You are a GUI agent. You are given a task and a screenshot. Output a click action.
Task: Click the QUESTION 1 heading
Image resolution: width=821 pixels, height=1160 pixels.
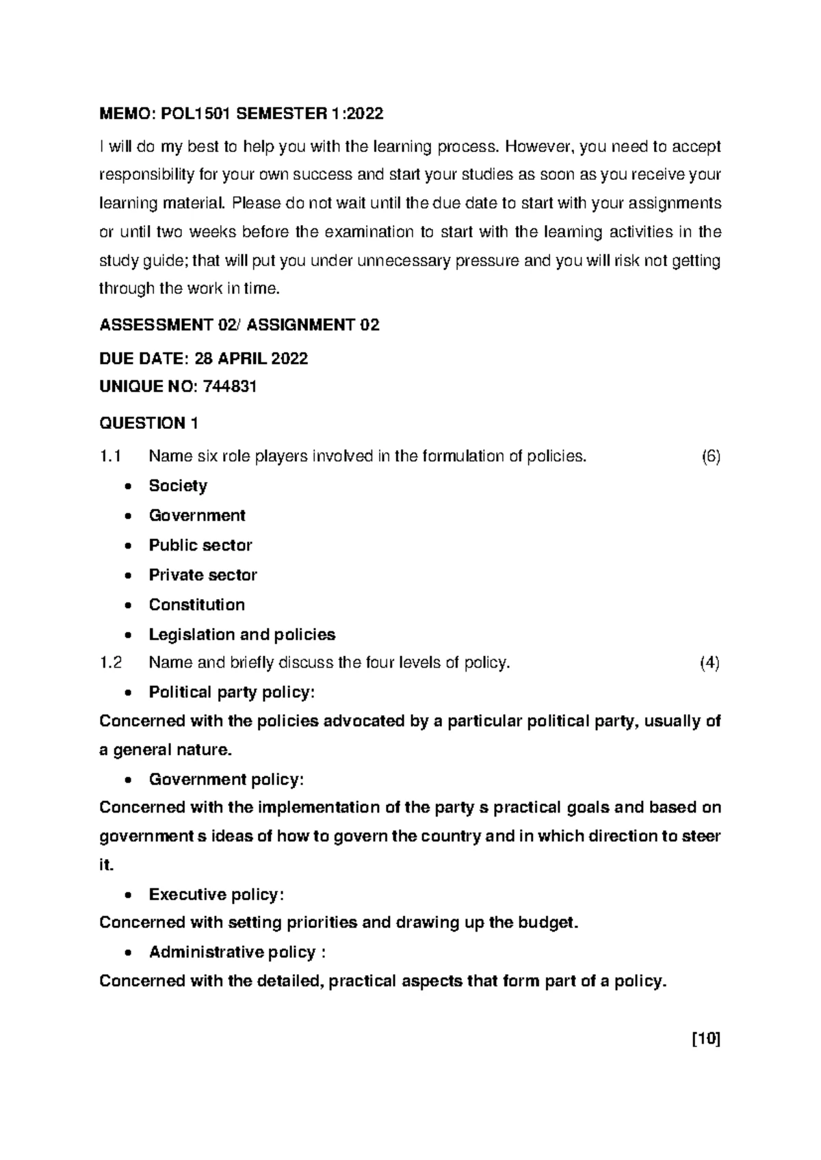148,423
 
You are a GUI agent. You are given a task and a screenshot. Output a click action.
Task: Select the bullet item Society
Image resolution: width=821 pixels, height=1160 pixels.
178,486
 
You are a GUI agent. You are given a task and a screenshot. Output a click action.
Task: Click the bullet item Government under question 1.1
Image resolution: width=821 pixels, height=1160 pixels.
197,515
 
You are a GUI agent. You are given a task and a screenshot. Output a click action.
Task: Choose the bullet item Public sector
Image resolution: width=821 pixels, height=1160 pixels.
200,545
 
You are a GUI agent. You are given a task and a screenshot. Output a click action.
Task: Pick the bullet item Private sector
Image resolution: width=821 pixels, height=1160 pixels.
203,575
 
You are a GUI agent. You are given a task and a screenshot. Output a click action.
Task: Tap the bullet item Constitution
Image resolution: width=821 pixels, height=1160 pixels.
196,605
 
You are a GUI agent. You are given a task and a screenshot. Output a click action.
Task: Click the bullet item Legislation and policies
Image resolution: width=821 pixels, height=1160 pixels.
242,634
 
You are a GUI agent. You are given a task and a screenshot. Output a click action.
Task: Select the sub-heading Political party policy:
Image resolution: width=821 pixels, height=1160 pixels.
232,692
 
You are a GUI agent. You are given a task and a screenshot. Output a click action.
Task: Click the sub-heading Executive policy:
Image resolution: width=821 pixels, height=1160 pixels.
216,895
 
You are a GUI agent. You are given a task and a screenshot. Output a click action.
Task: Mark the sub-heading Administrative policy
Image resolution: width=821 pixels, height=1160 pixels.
232,952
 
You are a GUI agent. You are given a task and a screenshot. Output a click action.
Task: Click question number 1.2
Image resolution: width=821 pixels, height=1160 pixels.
110,662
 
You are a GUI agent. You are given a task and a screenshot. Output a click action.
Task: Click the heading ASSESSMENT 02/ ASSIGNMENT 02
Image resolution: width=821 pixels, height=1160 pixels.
239,325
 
